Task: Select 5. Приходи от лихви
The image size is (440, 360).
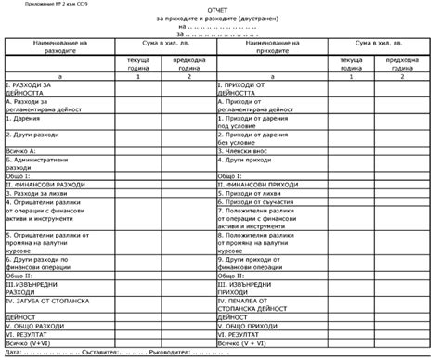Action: [248, 192]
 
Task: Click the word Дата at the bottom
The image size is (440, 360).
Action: [13, 353]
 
